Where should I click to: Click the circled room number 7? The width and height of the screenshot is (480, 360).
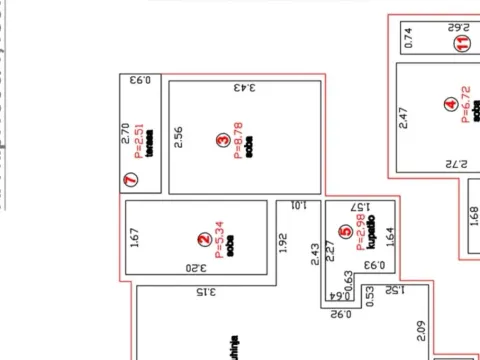[130, 181]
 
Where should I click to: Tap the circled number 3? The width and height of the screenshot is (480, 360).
[222, 142]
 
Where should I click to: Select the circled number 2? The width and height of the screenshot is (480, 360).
[203, 239]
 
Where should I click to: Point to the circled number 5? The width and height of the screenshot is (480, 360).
[345, 233]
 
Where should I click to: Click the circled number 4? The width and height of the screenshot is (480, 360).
[450, 103]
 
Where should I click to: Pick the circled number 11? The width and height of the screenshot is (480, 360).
[462, 44]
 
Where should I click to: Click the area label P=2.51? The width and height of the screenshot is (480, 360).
[139, 142]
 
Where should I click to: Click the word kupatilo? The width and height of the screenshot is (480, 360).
[370, 232]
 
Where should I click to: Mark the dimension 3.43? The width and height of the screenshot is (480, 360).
[245, 87]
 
